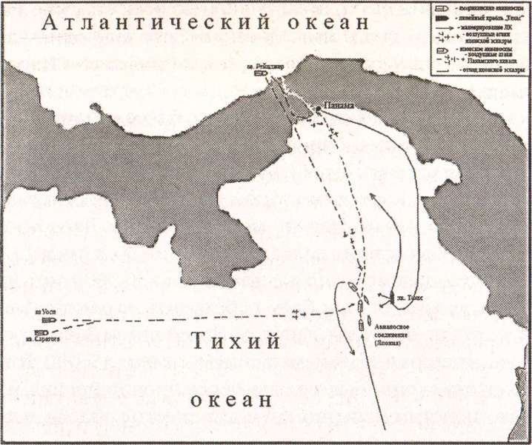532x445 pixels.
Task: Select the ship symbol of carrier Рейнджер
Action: click(x=260, y=74)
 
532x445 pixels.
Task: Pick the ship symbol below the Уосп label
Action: click(x=49, y=321)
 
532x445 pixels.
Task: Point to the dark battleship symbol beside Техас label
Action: click(x=391, y=298)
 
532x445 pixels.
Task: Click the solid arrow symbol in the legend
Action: click(x=442, y=26)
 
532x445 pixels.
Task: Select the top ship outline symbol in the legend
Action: click(x=442, y=7)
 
